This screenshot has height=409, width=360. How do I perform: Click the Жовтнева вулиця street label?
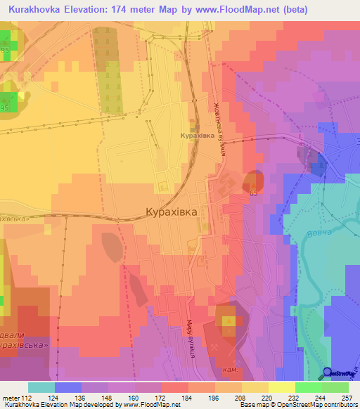(220, 131)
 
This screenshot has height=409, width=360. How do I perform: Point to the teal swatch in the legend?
(41, 387)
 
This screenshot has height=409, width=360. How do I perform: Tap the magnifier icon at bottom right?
(328, 373)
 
